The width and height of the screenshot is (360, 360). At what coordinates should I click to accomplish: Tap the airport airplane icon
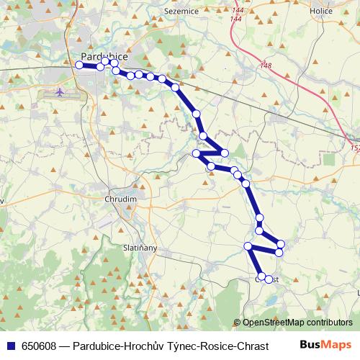click(60, 93)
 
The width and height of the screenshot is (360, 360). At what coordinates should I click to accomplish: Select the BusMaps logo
click(327, 345)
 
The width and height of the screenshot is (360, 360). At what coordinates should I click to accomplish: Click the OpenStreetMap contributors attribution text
click(297, 323)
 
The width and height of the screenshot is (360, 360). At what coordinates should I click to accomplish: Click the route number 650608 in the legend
click(40, 346)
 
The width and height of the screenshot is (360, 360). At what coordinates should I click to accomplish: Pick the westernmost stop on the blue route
click(79, 65)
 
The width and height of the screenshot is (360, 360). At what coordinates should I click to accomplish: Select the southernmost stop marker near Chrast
click(269, 279)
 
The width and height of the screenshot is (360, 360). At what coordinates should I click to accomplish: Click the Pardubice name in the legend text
click(96, 346)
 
